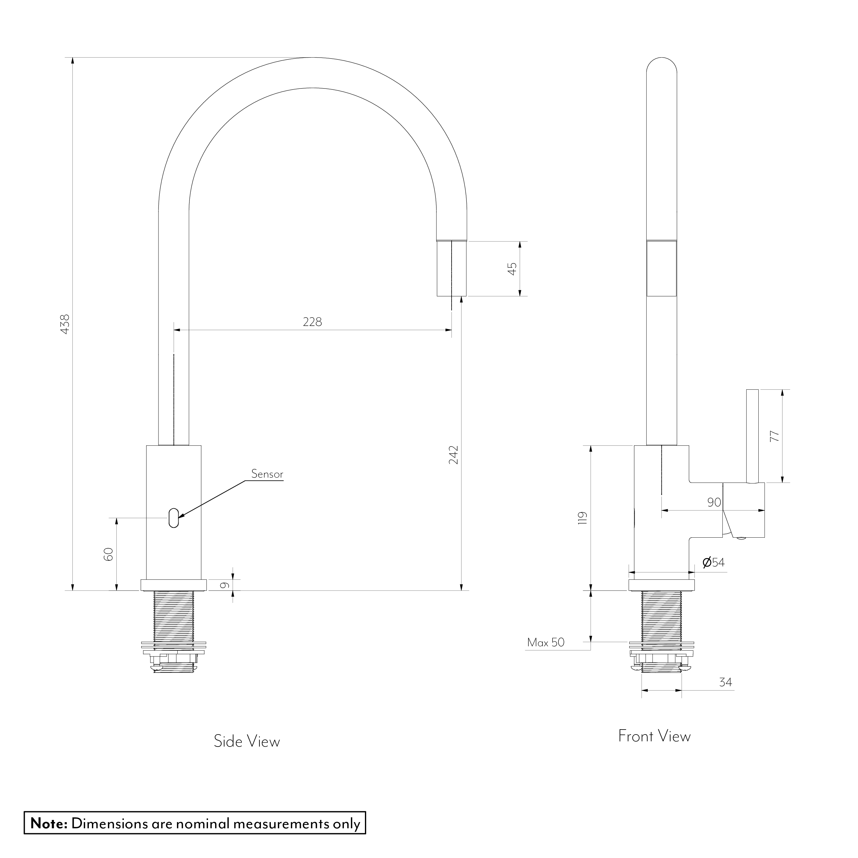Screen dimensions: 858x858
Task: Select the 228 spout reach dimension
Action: pos(312,322)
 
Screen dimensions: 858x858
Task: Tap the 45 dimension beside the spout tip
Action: pos(513,269)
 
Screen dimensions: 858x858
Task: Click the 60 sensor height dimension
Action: pos(108,554)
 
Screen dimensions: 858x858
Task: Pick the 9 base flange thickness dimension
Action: pos(225,585)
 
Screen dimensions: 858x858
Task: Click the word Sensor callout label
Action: pos(267,474)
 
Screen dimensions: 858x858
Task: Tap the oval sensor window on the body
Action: pos(174,518)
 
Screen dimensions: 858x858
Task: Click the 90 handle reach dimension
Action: pos(714,502)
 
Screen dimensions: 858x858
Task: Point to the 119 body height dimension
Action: pos(583,518)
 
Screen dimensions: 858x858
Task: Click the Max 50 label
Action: pos(546,643)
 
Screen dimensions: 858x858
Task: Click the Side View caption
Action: pos(247,742)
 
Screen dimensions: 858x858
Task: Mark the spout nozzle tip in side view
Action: pos(452,269)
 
